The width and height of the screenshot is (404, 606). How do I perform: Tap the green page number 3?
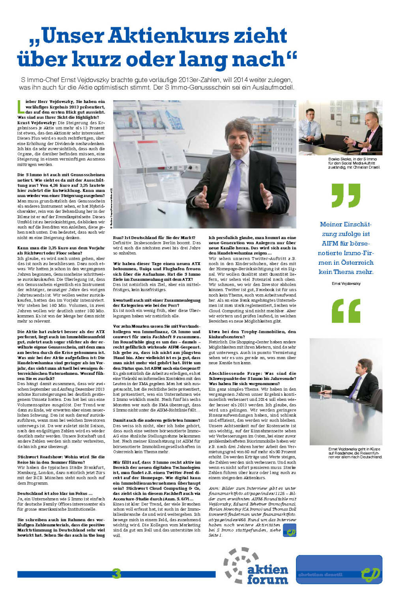(x=116, y=573)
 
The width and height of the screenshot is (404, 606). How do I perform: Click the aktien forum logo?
(x=256, y=566)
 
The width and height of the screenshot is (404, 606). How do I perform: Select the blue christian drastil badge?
(x=339, y=569)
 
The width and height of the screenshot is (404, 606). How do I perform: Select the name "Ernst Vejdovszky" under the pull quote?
(x=346, y=283)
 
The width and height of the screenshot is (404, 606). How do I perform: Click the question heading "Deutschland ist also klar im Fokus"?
(x=55, y=493)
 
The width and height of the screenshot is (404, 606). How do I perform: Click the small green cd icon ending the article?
(x=290, y=531)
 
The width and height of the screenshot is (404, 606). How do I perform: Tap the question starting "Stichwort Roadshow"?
(x=61, y=459)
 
